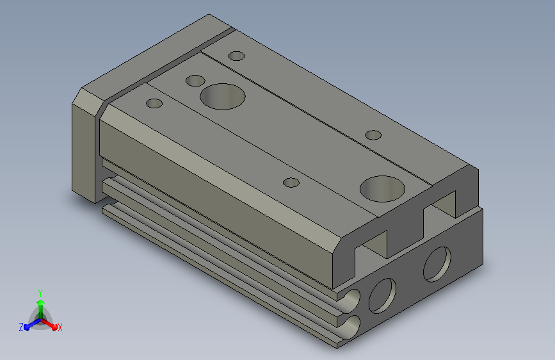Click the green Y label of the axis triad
click(x=40, y=293)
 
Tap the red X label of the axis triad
click(x=60, y=327)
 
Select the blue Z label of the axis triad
click(x=21, y=327)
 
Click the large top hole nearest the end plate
click(x=223, y=97)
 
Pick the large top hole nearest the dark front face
click(x=382, y=189)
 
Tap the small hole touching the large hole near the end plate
click(x=195, y=81)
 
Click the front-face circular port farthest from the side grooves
click(x=437, y=265)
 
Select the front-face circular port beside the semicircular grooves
click(x=382, y=296)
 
